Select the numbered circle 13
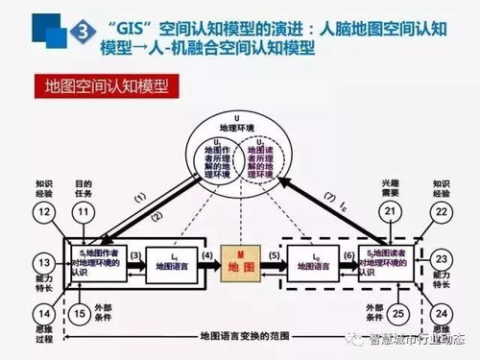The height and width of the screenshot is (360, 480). tap(42, 262)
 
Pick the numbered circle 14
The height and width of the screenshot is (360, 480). tap(42, 311)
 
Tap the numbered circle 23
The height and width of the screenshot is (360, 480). tap(440, 260)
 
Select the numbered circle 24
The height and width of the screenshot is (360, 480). tap(440, 311)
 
